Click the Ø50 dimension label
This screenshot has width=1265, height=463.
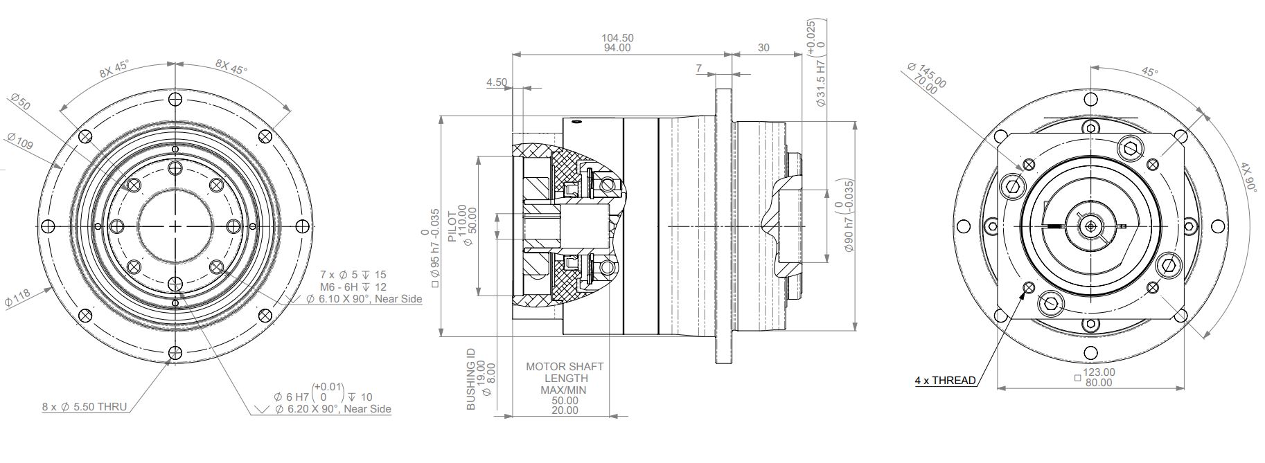tap(21, 102)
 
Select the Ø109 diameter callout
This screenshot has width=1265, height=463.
tap(20, 141)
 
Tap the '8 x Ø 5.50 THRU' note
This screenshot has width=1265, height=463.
tap(85, 407)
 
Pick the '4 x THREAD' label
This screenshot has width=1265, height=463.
tap(945, 380)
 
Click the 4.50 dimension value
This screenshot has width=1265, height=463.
tap(497, 82)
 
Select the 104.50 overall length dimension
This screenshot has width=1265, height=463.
tap(617, 38)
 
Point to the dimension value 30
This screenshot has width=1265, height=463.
tap(763, 48)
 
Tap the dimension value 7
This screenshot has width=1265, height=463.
tap(699, 69)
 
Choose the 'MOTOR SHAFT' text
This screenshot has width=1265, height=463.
tap(565, 366)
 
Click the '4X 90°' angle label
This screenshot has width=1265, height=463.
tap(1248, 177)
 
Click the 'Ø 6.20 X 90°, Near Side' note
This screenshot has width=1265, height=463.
tap(333, 409)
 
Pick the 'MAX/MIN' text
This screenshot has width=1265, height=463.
tap(565, 390)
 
